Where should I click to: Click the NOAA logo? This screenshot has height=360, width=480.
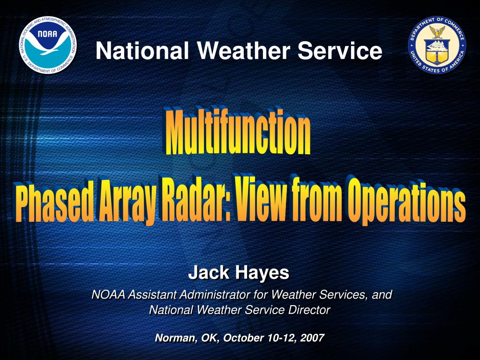tap(48, 45)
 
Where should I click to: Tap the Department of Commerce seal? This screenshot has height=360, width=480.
tap(437, 45)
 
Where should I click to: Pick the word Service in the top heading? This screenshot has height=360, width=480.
tap(340, 51)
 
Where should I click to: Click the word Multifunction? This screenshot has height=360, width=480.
tap(237, 133)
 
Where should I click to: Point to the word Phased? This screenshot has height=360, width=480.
tap(53, 203)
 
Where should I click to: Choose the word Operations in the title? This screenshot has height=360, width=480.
tap(405, 200)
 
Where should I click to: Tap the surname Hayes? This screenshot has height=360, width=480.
tap(262, 272)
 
